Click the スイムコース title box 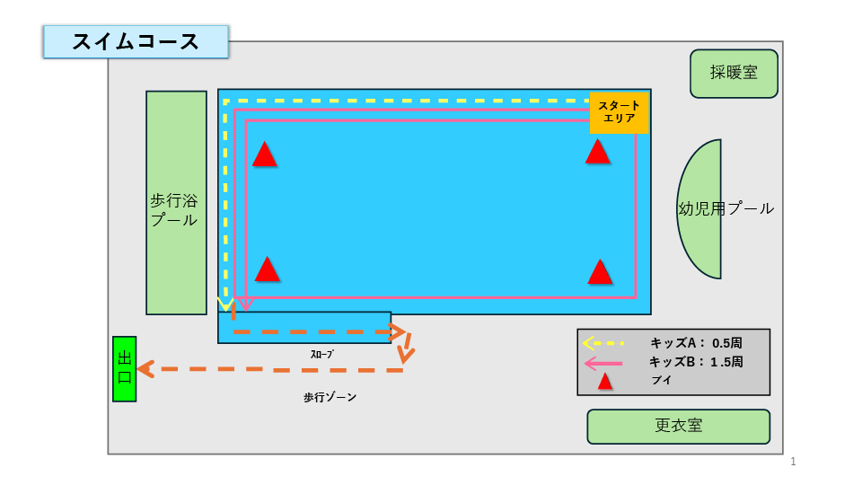click(136, 42)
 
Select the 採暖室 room click(734, 74)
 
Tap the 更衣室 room click(678, 426)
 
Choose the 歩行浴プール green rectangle click(176, 203)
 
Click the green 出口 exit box click(124, 368)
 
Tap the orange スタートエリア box click(619, 112)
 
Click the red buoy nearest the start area click(597, 153)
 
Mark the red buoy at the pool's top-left click(264, 155)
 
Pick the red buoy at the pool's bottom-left click(267, 270)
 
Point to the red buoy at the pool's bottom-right click(600, 272)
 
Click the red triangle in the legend click(605, 382)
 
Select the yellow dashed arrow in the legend click(603, 343)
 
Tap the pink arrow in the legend click(603, 364)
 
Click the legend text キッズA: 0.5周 click(696, 343)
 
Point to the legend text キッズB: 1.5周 click(696, 363)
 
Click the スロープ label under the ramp click(321, 354)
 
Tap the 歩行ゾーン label click(330, 397)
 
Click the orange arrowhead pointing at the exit click(145, 368)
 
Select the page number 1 click(794, 462)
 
